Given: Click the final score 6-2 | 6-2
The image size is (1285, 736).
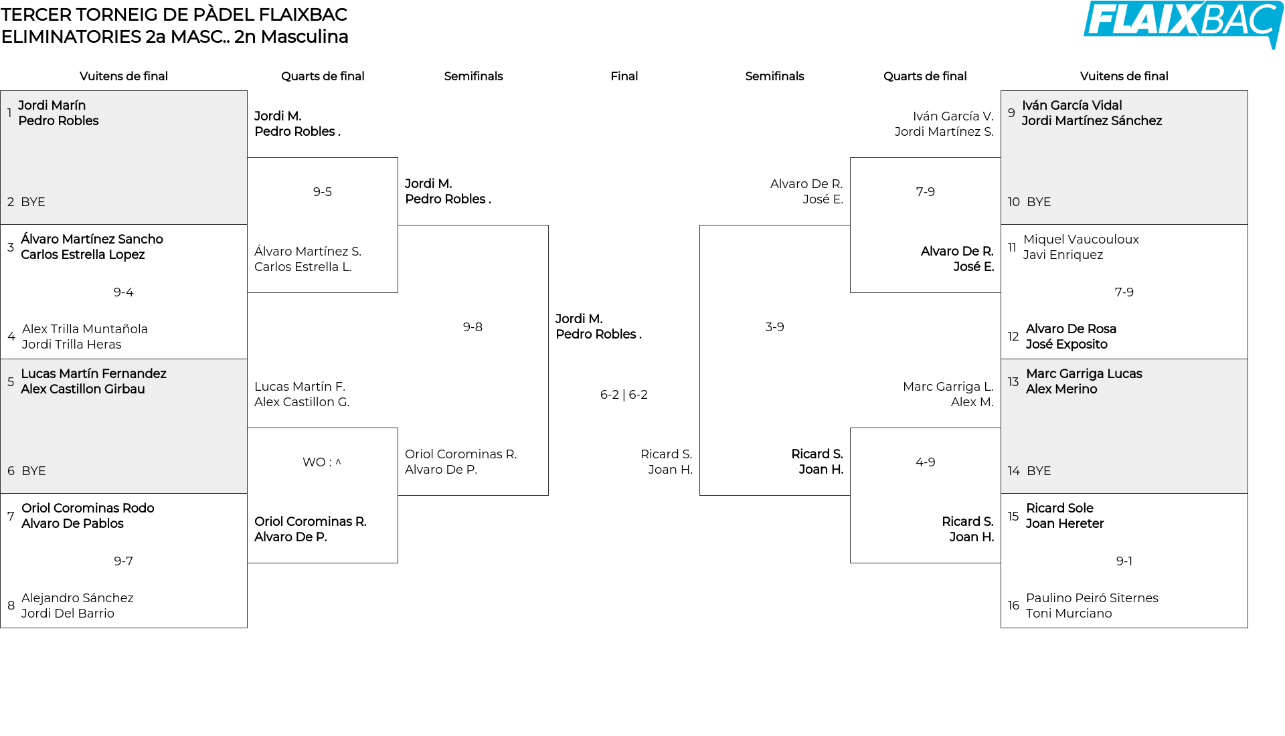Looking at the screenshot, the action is (624, 395).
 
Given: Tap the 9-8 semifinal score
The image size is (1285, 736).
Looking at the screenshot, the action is (473, 327).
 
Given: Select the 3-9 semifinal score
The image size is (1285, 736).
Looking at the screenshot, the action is (774, 327).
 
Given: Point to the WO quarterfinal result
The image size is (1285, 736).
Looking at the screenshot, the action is (322, 462).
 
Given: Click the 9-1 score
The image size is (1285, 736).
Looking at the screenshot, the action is (1124, 561).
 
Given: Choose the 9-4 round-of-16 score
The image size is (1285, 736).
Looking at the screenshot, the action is (123, 292).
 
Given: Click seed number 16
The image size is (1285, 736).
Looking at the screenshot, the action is (1013, 606).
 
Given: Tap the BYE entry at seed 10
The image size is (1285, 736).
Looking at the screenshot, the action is (1039, 202).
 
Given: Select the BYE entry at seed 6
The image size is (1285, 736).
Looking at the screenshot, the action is (33, 471).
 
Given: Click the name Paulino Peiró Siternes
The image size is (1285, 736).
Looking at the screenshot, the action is (1092, 598).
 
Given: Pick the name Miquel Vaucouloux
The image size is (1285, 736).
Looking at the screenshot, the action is (1081, 240).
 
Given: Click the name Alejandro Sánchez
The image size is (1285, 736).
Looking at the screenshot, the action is (78, 598).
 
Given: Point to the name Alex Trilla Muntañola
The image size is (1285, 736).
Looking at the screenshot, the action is (85, 329).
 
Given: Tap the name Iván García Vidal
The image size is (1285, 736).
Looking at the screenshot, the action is (1072, 106).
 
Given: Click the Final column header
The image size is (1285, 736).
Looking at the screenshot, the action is (624, 76).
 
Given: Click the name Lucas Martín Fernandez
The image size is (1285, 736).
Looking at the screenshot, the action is (94, 374).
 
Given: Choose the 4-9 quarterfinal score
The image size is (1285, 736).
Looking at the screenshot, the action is (925, 462).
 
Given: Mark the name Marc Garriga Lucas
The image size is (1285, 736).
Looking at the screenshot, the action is (1084, 374).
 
